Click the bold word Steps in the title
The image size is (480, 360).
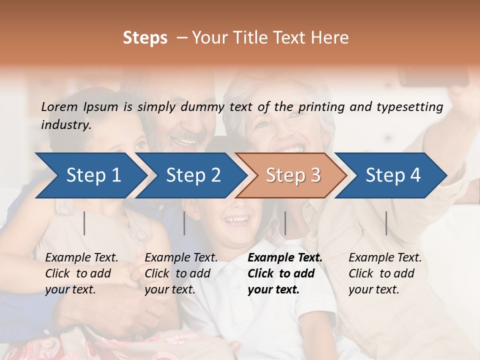145,38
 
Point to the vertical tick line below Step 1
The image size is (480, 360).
84,223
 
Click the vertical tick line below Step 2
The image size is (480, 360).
184,223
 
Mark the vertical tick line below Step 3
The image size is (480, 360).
285,223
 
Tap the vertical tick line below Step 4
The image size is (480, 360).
386,223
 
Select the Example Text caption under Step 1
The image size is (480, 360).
81,273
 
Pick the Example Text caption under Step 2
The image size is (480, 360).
181,273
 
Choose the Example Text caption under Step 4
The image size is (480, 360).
385,273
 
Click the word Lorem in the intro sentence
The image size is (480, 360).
59,106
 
